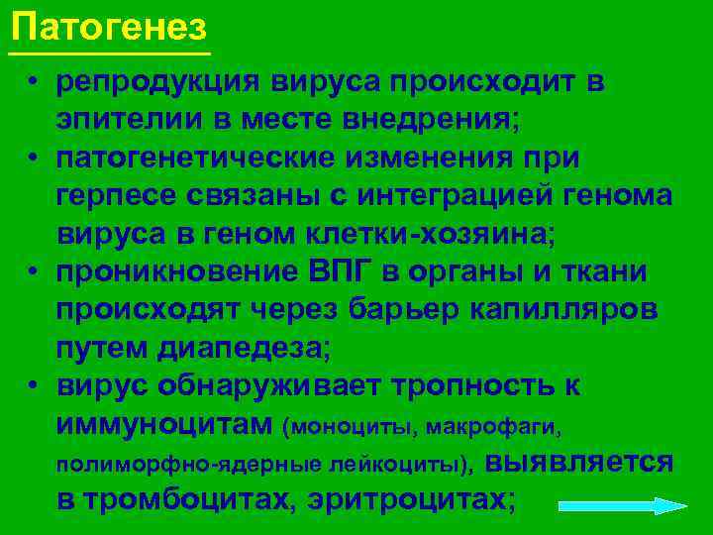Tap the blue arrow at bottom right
click(623, 505)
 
